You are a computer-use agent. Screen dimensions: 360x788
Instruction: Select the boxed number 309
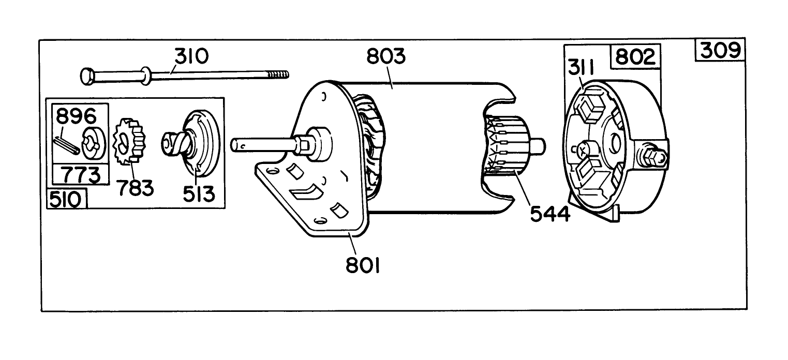point(721,51)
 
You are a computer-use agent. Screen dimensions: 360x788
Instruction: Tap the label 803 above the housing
point(386,56)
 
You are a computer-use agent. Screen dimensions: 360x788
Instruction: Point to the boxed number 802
point(636,56)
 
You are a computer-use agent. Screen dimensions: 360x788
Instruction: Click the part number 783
point(135,187)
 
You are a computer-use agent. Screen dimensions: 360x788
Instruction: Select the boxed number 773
point(82,175)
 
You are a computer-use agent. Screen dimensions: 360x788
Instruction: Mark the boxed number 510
point(67,199)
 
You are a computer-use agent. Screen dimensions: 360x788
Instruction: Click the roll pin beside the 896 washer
point(67,144)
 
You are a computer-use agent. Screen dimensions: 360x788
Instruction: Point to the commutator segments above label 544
point(502,146)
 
